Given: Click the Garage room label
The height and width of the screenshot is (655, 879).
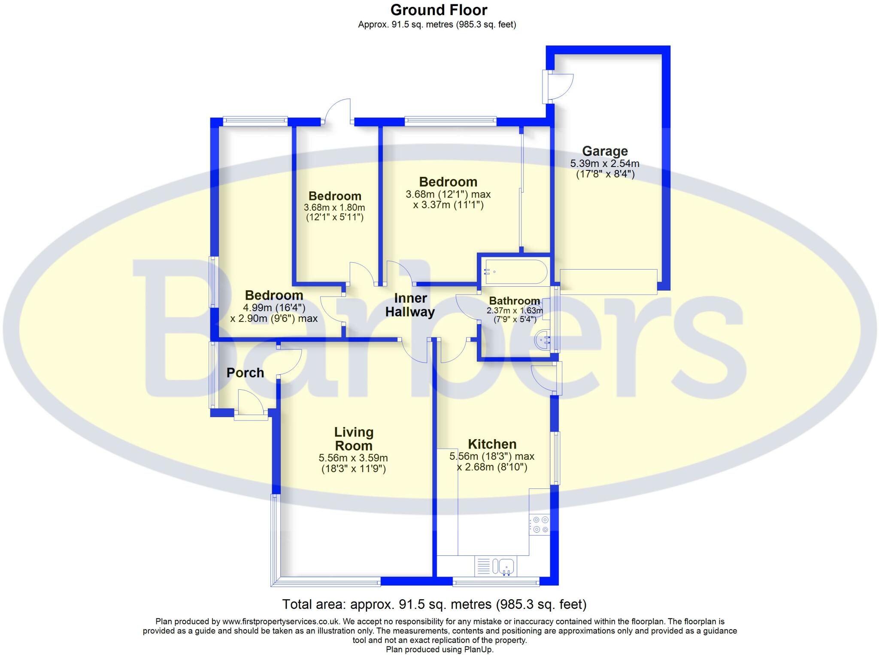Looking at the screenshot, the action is pyautogui.click(x=604, y=151).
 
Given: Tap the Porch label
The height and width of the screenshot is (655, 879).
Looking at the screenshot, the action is pyautogui.click(x=245, y=373).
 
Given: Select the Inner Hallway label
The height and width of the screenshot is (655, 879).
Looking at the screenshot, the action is pyautogui.click(x=410, y=305).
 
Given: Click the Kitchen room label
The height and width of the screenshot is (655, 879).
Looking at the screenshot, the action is pyautogui.click(x=492, y=444).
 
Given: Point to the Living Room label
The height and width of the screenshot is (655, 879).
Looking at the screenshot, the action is pyautogui.click(x=354, y=439).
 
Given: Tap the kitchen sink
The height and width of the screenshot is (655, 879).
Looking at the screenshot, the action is pyautogui.click(x=506, y=567).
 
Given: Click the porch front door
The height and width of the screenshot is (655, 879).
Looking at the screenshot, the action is pyautogui.click(x=250, y=402).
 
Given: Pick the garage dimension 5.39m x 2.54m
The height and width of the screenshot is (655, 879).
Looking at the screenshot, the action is pyautogui.click(x=604, y=164).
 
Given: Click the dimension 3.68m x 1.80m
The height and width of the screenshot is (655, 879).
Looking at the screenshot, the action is pyautogui.click(x=334, y=208).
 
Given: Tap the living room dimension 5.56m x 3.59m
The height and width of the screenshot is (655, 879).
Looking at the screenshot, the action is pyautogui.click(x=353, y=458).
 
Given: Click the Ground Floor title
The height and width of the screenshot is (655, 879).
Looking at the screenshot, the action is pyautogui.click(x=439, y=10).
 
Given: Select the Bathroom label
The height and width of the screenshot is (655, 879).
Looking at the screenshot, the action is pyautogui.click(x=514, y=301).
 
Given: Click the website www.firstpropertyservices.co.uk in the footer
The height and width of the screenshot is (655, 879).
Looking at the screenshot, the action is pyautogui.click(x=281, y=621).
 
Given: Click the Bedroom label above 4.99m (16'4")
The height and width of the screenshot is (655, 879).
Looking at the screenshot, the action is pyautogui.click(x=274, y=295).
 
